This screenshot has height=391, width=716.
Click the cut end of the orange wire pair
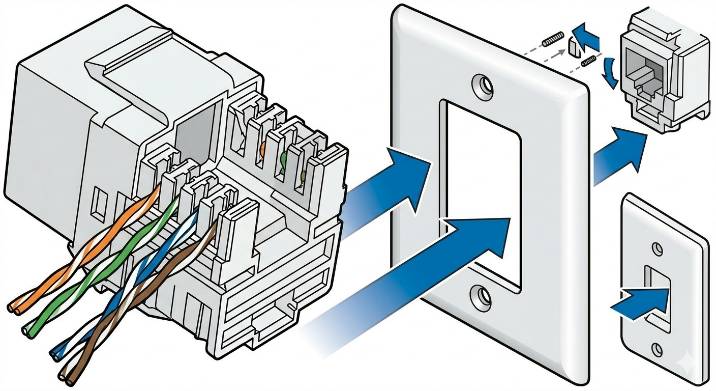point(14,308)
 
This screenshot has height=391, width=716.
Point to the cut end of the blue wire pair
point(55,352)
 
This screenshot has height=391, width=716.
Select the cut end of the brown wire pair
point(65,377)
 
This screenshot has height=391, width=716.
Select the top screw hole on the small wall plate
point(657,249)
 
